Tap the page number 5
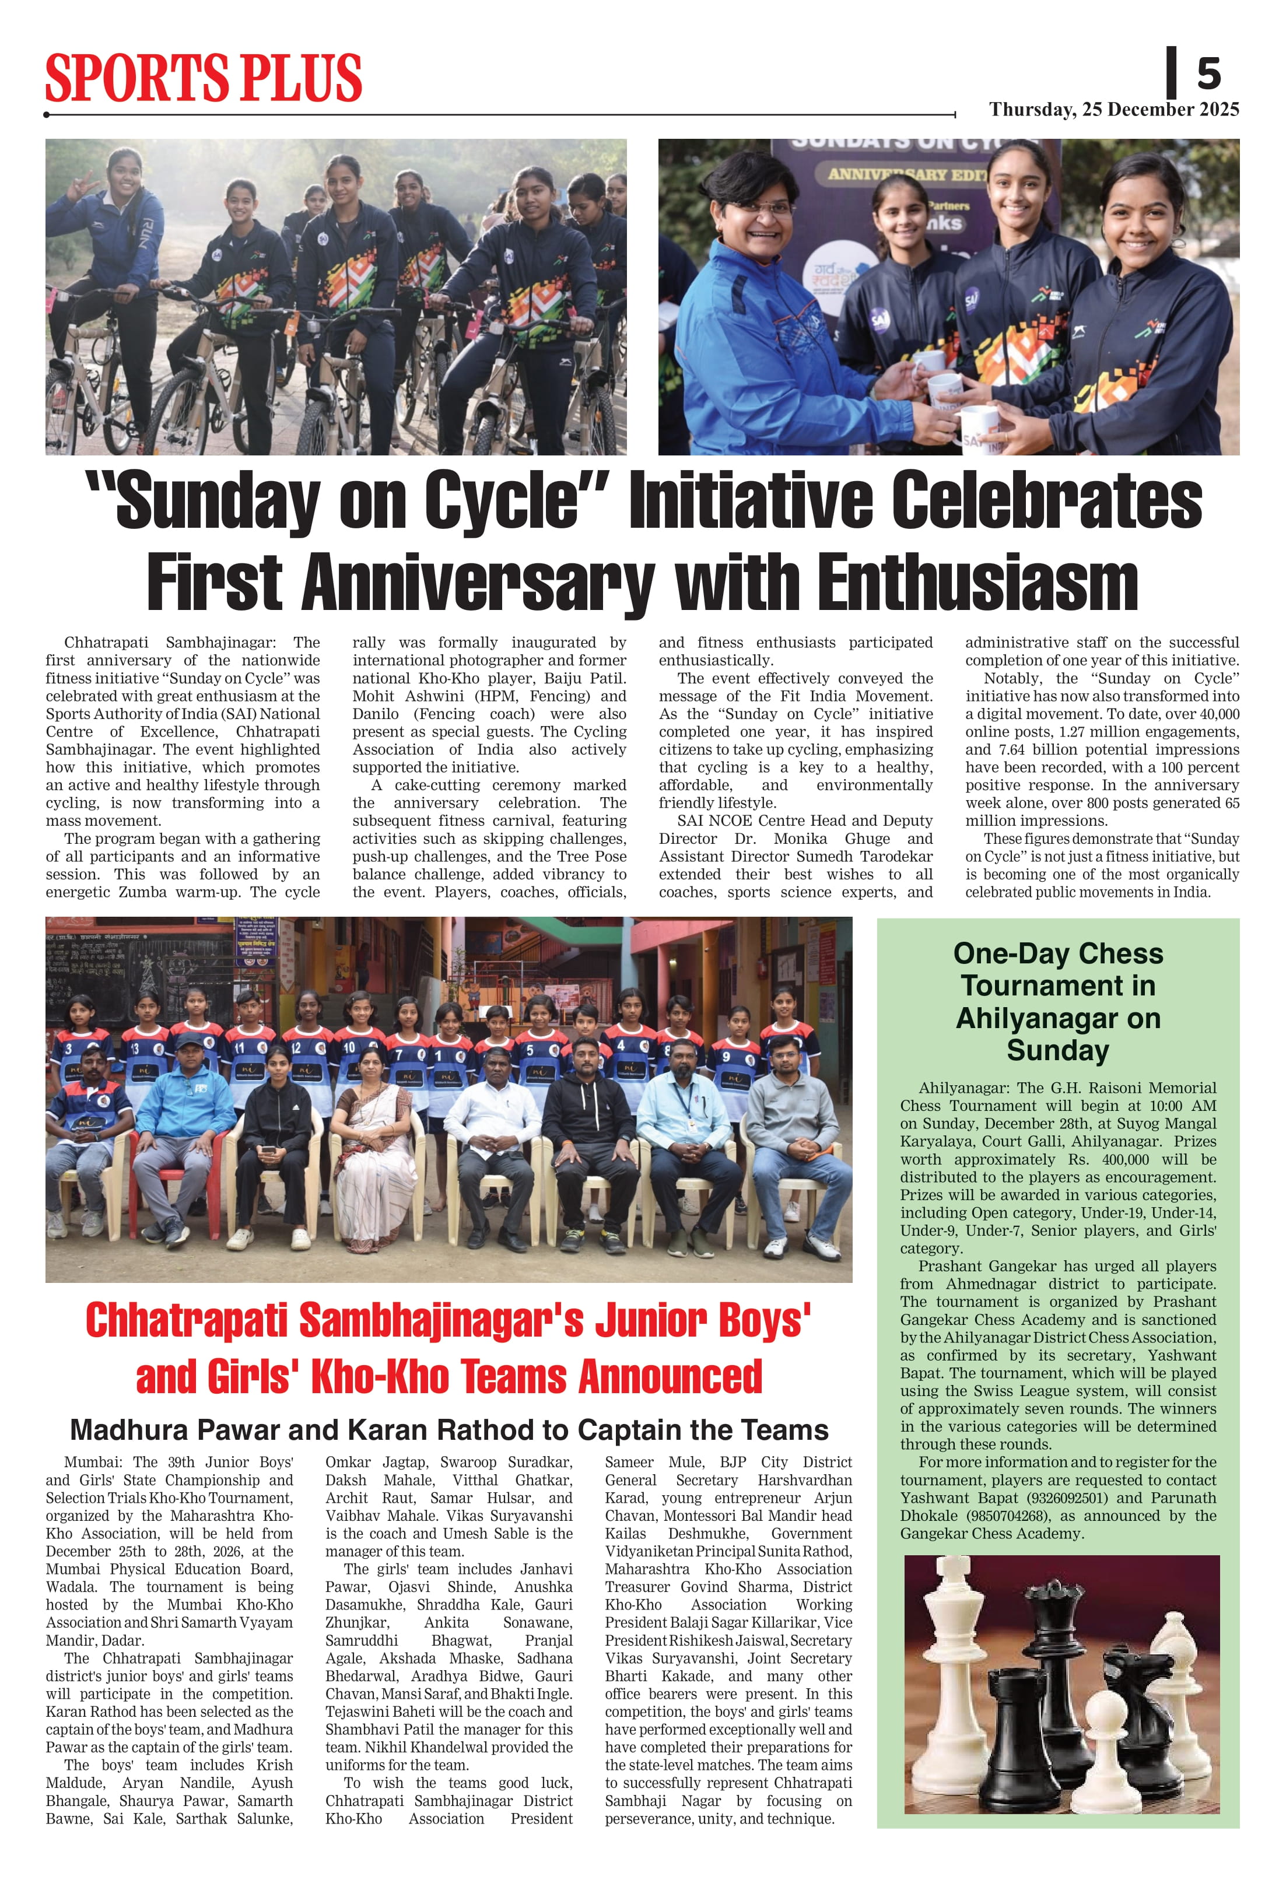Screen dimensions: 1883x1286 pyautogui.click(x=1208, y=73)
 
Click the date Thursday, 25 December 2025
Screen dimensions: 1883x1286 pyautogui.click(x=1113, y=110)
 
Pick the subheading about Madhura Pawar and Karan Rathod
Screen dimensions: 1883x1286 pyautogui.click(x=449, y=1430)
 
